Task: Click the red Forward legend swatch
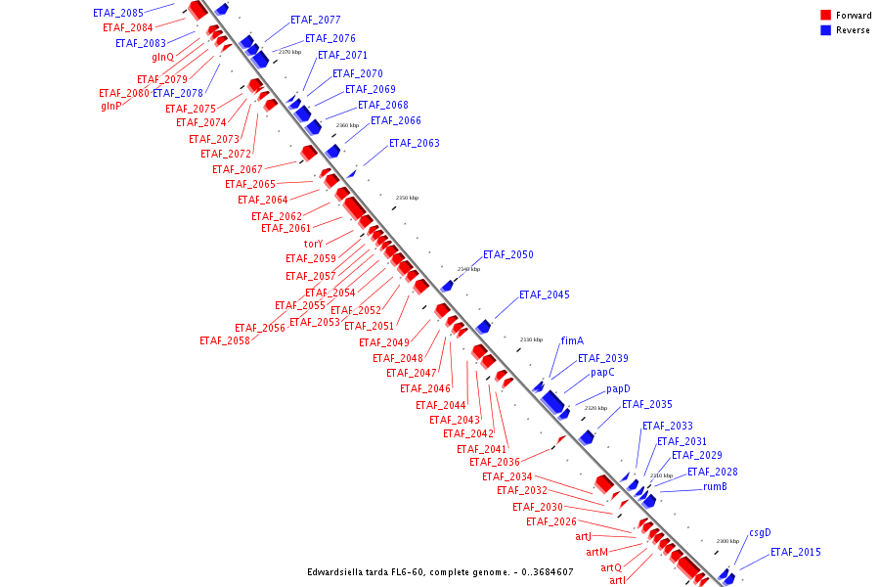coord(826,16)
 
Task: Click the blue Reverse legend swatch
coord(826,30)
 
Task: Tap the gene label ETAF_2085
coord(118,13)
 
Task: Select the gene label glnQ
coord(162,57)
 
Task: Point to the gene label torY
coord(313,244)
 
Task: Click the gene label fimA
coord(572,341)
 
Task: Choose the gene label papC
coord(602,373)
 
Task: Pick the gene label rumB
coord(715,487)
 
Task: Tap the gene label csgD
coord(760,533)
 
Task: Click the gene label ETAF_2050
coord(508,254)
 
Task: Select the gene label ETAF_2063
coord(415,143)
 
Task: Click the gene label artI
coord(618,581)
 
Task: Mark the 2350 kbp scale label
coord(407,198)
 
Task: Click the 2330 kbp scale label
coord(531,339)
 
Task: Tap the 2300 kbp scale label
coord(727,541)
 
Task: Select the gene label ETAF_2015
coord(796,553)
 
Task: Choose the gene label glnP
coord(111,106)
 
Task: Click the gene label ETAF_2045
coord(545,294)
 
